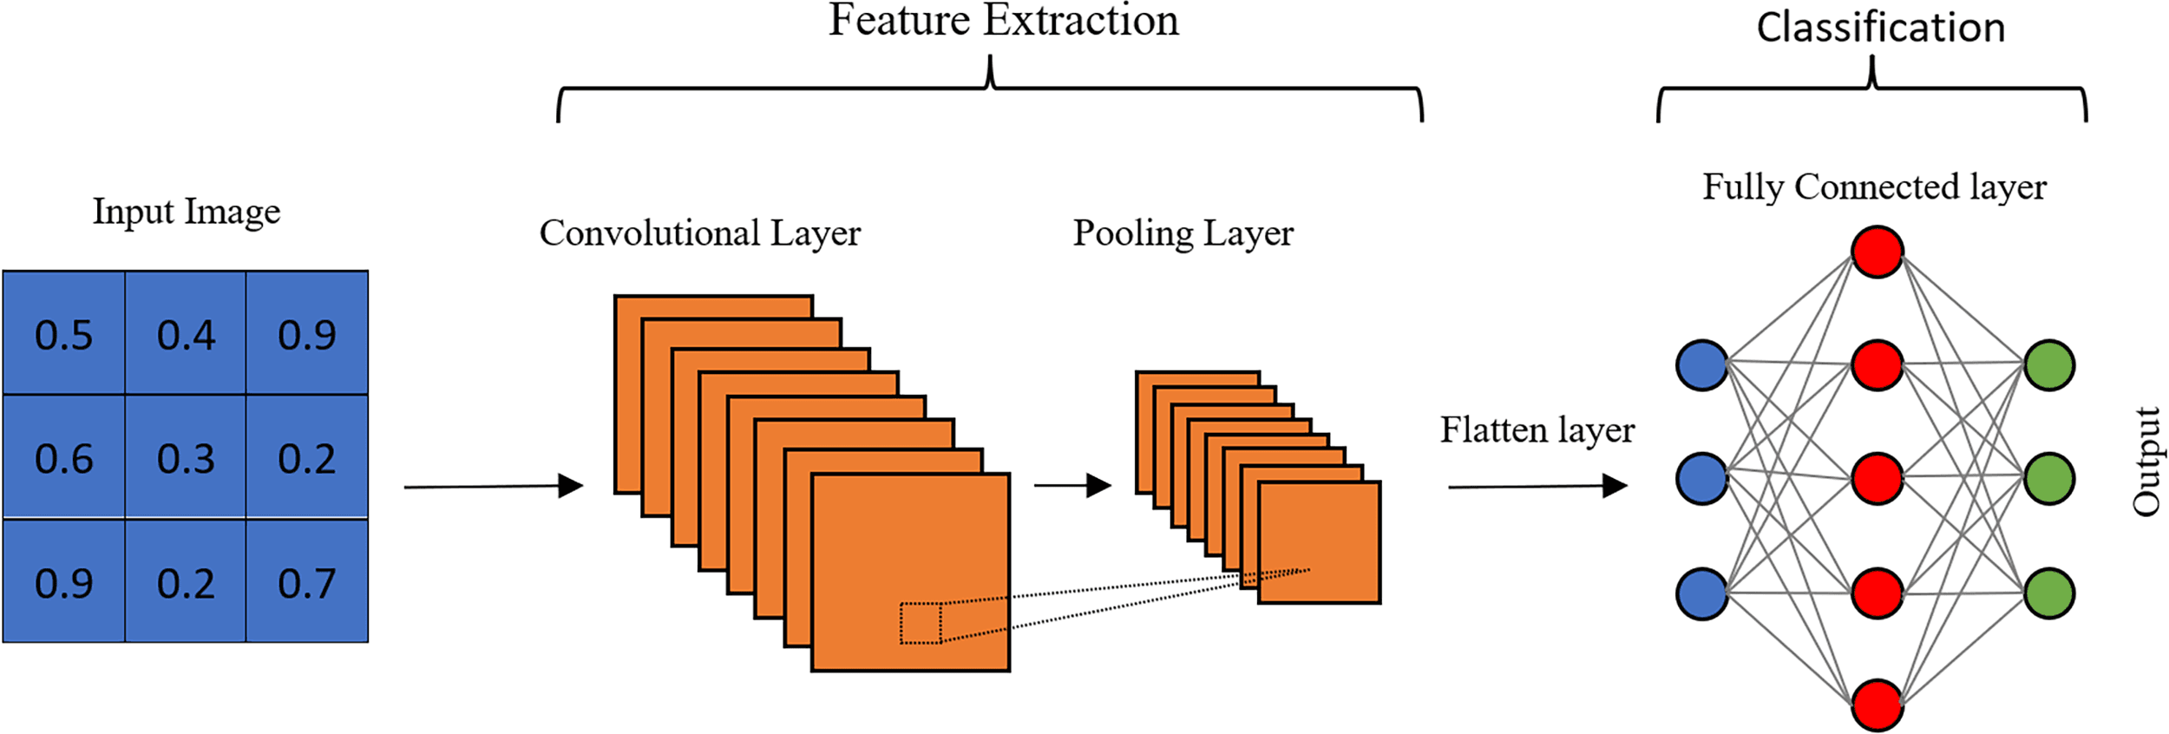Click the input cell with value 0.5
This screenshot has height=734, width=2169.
[63, 334]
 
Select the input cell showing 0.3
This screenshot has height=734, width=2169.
[186, 458]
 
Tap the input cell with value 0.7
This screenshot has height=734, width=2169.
[307, 582]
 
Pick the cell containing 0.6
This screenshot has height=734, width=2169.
[63, 458]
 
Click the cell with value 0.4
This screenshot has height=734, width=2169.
[186, 334]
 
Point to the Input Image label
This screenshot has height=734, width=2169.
[187, 211]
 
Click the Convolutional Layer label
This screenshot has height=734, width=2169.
[699, 233]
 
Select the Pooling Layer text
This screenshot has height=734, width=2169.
[1183, 233]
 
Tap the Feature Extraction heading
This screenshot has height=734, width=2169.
[1003, 21]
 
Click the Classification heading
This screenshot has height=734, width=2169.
[1880, 28]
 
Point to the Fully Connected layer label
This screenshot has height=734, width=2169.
[1874, 187]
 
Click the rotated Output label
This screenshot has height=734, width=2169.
[2146, 462]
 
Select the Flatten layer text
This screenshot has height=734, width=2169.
[1537, 429]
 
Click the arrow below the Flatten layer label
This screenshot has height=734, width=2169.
[1537, 486]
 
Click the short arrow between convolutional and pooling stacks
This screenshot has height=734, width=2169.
[1072, 485]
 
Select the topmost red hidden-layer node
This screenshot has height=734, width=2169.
[1877, 252]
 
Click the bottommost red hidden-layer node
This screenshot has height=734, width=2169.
[1877, 705]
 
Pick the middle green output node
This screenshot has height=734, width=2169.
[2049, 478]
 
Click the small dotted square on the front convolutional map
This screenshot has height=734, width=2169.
[921, 623]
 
